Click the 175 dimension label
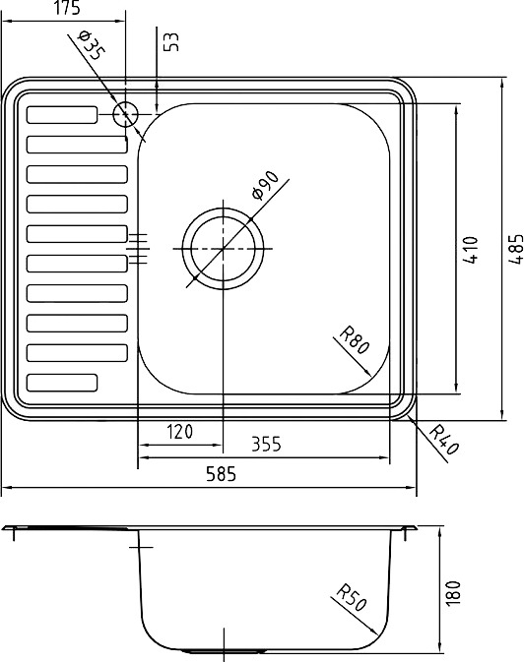(x=67, y=8)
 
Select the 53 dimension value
(x=171, y=41)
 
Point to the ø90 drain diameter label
(x=265, y=185)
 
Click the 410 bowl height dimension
(x=470, y=250)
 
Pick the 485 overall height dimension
(x=515, y=249)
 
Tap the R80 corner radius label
(x=355, y=340)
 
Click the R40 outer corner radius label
(x=443, y=440)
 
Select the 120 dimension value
(x=179, y=432)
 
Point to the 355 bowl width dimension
(x=266, y=445)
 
